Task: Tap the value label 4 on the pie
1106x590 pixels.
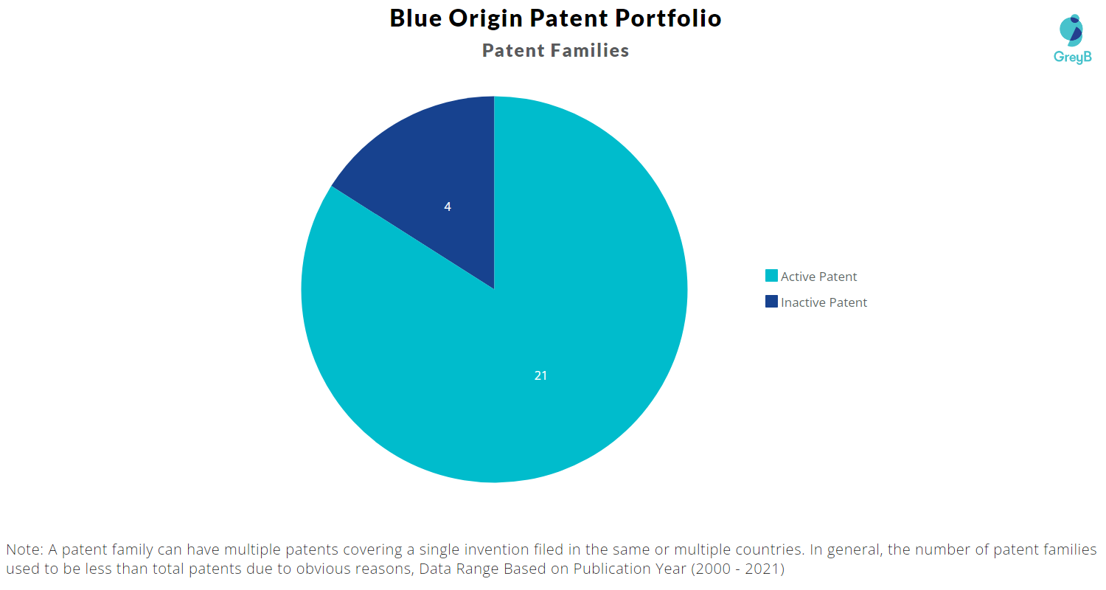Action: click(x=448, y=207)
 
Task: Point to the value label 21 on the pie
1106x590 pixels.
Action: click(x=540, y=375)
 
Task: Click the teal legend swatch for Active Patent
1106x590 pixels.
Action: click(x=771, y=276)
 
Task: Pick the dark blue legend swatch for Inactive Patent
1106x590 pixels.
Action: click(x=771, y=301)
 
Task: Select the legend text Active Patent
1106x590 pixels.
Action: click(x=818, y=277)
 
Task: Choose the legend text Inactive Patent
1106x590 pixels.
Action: click(x=824, y=302)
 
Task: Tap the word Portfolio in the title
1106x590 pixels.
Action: click(x=668, y=18)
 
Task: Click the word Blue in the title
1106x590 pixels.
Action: click(x=416, y=18)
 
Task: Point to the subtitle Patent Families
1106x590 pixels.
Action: click(x=555, y=50)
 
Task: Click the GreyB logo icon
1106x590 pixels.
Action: click(x=1071, y=30)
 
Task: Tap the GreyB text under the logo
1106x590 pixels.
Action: click(x=1072, y=58)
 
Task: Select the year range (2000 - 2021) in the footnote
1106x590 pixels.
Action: click(x=737, y=569)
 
